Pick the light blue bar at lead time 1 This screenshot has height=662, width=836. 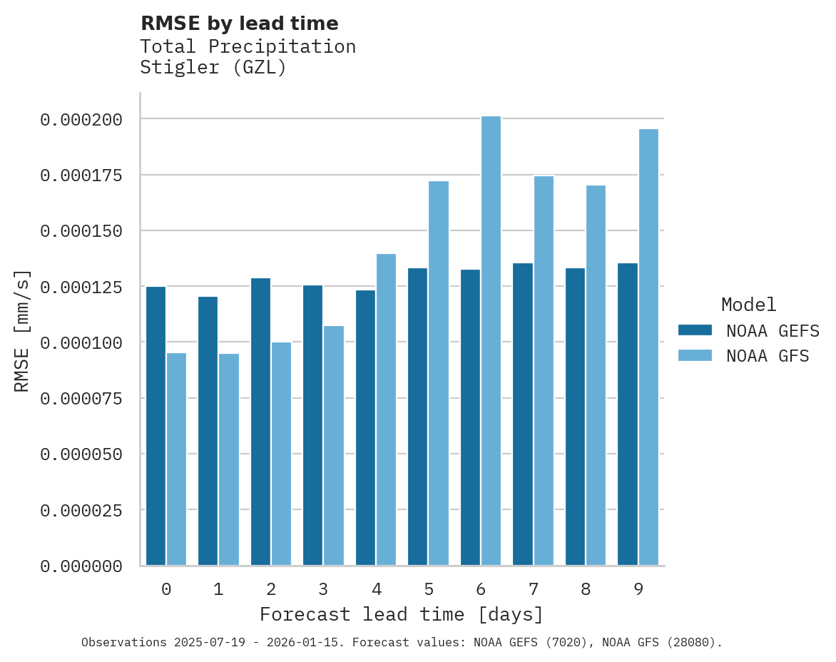click(x=229, y=459)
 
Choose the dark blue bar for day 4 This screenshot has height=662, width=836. click(x=365, y=427)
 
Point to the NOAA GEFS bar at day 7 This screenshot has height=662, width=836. click(x=523, y=414)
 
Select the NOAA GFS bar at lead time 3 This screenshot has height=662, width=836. click(x=334, y=446)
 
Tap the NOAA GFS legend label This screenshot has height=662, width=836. click(x=768, y=356)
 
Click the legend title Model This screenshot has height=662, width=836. click(x=748, y=305)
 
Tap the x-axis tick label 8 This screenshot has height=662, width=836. click(x=586, y=589)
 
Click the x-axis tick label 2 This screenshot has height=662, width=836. click(x=271, y=589)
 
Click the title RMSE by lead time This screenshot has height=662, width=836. click(x=239, y=24)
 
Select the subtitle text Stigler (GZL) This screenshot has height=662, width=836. click(x=213, y=68)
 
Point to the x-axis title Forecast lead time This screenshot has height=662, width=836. click(x=401, y=614)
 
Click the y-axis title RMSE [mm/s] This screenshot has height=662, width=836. click(x=22, y=330)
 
